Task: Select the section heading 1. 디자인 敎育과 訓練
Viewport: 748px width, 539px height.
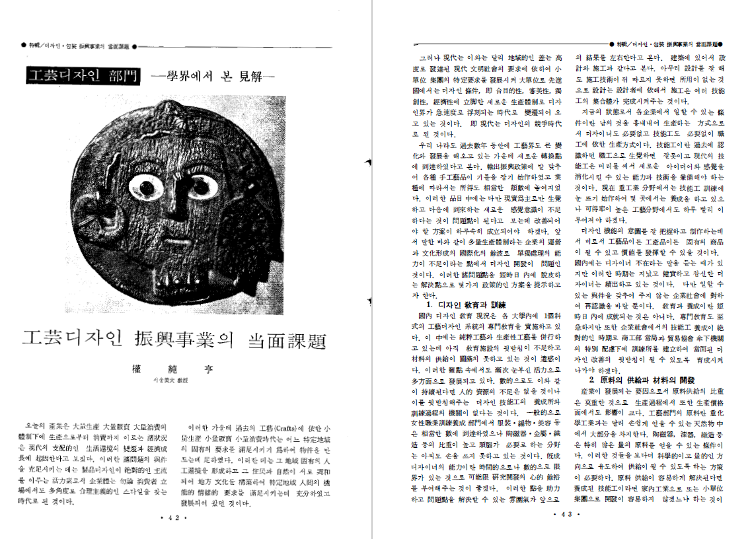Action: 466,305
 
